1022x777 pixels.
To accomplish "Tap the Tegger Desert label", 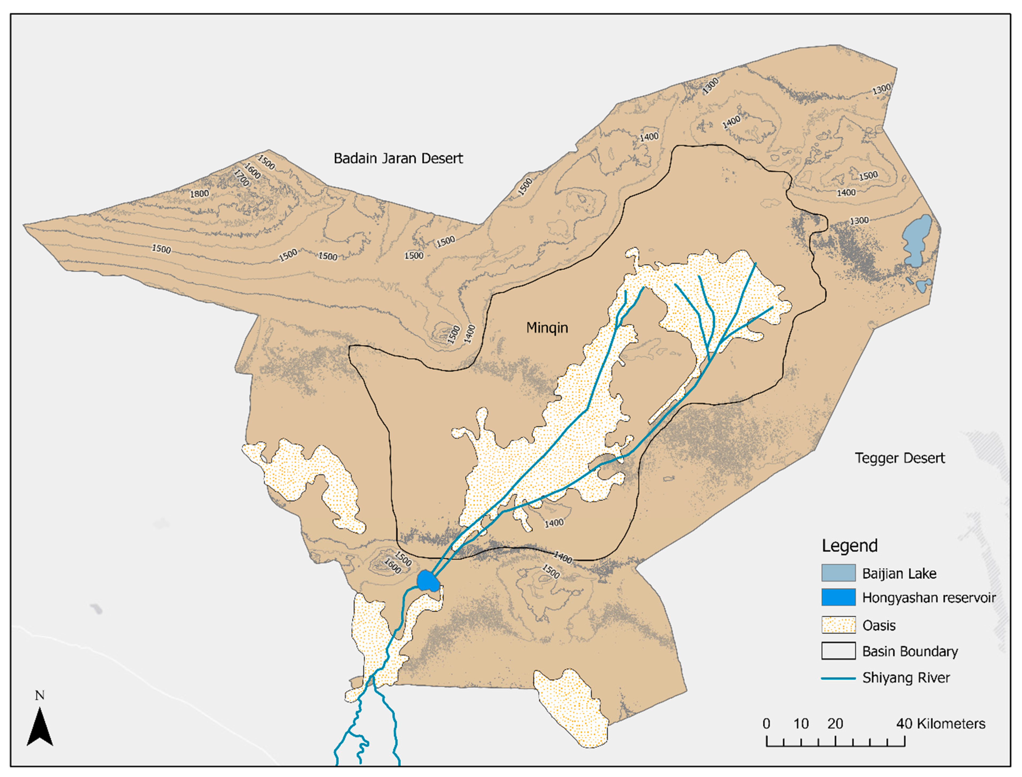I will click(899, 458).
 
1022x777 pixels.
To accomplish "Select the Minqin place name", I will click(547, 328).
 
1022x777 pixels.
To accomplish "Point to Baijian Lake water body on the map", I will click(917, 240).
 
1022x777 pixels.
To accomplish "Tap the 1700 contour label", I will click(242, 178).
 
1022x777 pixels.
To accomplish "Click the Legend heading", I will click(849, 546).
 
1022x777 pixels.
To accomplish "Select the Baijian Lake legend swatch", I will click(838, 573).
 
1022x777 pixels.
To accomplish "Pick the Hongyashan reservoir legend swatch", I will click(838, 598).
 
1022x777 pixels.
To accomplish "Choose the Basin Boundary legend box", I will click(838, 651).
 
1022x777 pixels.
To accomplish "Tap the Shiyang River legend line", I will click(838, 678).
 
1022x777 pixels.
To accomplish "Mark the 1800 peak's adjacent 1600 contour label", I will click(252, 171).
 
